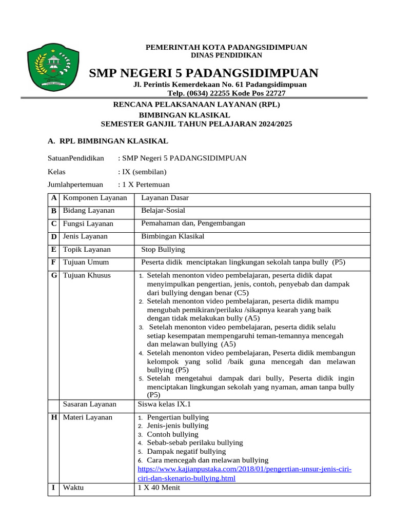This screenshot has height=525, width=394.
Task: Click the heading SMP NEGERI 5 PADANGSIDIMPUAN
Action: (203, 73)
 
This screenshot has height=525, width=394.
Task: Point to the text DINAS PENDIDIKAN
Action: (226, 55)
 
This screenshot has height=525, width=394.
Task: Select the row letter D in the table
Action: (53, 236)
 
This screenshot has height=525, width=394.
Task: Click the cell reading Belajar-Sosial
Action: (163, 210)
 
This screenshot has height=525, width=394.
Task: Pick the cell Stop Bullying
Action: (163, 250)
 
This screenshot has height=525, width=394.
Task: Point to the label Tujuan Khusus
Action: (86, 275)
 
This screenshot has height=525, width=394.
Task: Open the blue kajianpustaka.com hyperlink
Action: (244, 474)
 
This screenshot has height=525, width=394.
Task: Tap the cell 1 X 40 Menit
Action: (159, 488)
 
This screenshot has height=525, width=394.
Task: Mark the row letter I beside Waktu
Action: (53, 488)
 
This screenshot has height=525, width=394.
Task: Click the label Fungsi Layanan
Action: (88, 224)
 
